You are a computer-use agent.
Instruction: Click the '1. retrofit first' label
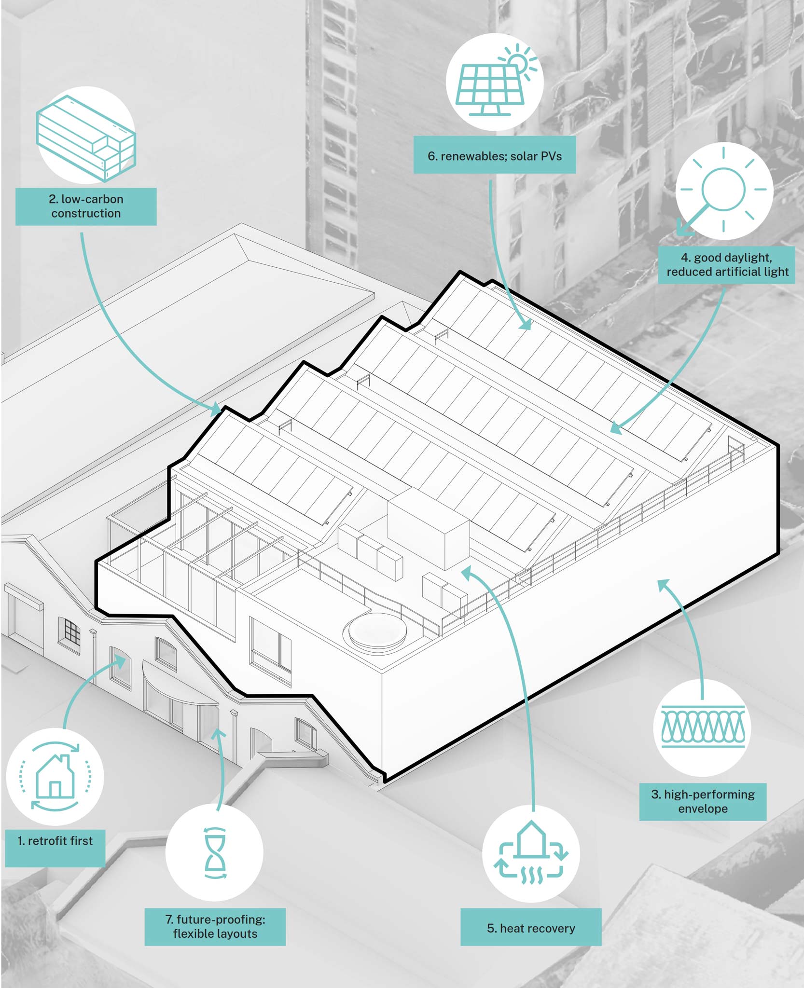[55, 841]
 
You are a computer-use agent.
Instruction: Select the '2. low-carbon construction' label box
[86, 206]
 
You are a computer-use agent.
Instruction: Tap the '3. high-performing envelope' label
[703, 801]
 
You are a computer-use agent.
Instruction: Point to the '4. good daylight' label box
[727, 265]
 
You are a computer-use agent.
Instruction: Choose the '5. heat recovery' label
[531, 928]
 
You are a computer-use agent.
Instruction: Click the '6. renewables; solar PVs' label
[495, 156]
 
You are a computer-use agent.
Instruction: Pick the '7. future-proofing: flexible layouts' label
[215, 926]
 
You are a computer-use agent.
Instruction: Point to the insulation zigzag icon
[703, 726]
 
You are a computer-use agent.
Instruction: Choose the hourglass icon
[215, 853]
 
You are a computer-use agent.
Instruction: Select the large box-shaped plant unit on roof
[429, 528]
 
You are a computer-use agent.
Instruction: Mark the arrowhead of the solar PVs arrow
[527, 325]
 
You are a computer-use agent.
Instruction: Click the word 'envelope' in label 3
[703, 809]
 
